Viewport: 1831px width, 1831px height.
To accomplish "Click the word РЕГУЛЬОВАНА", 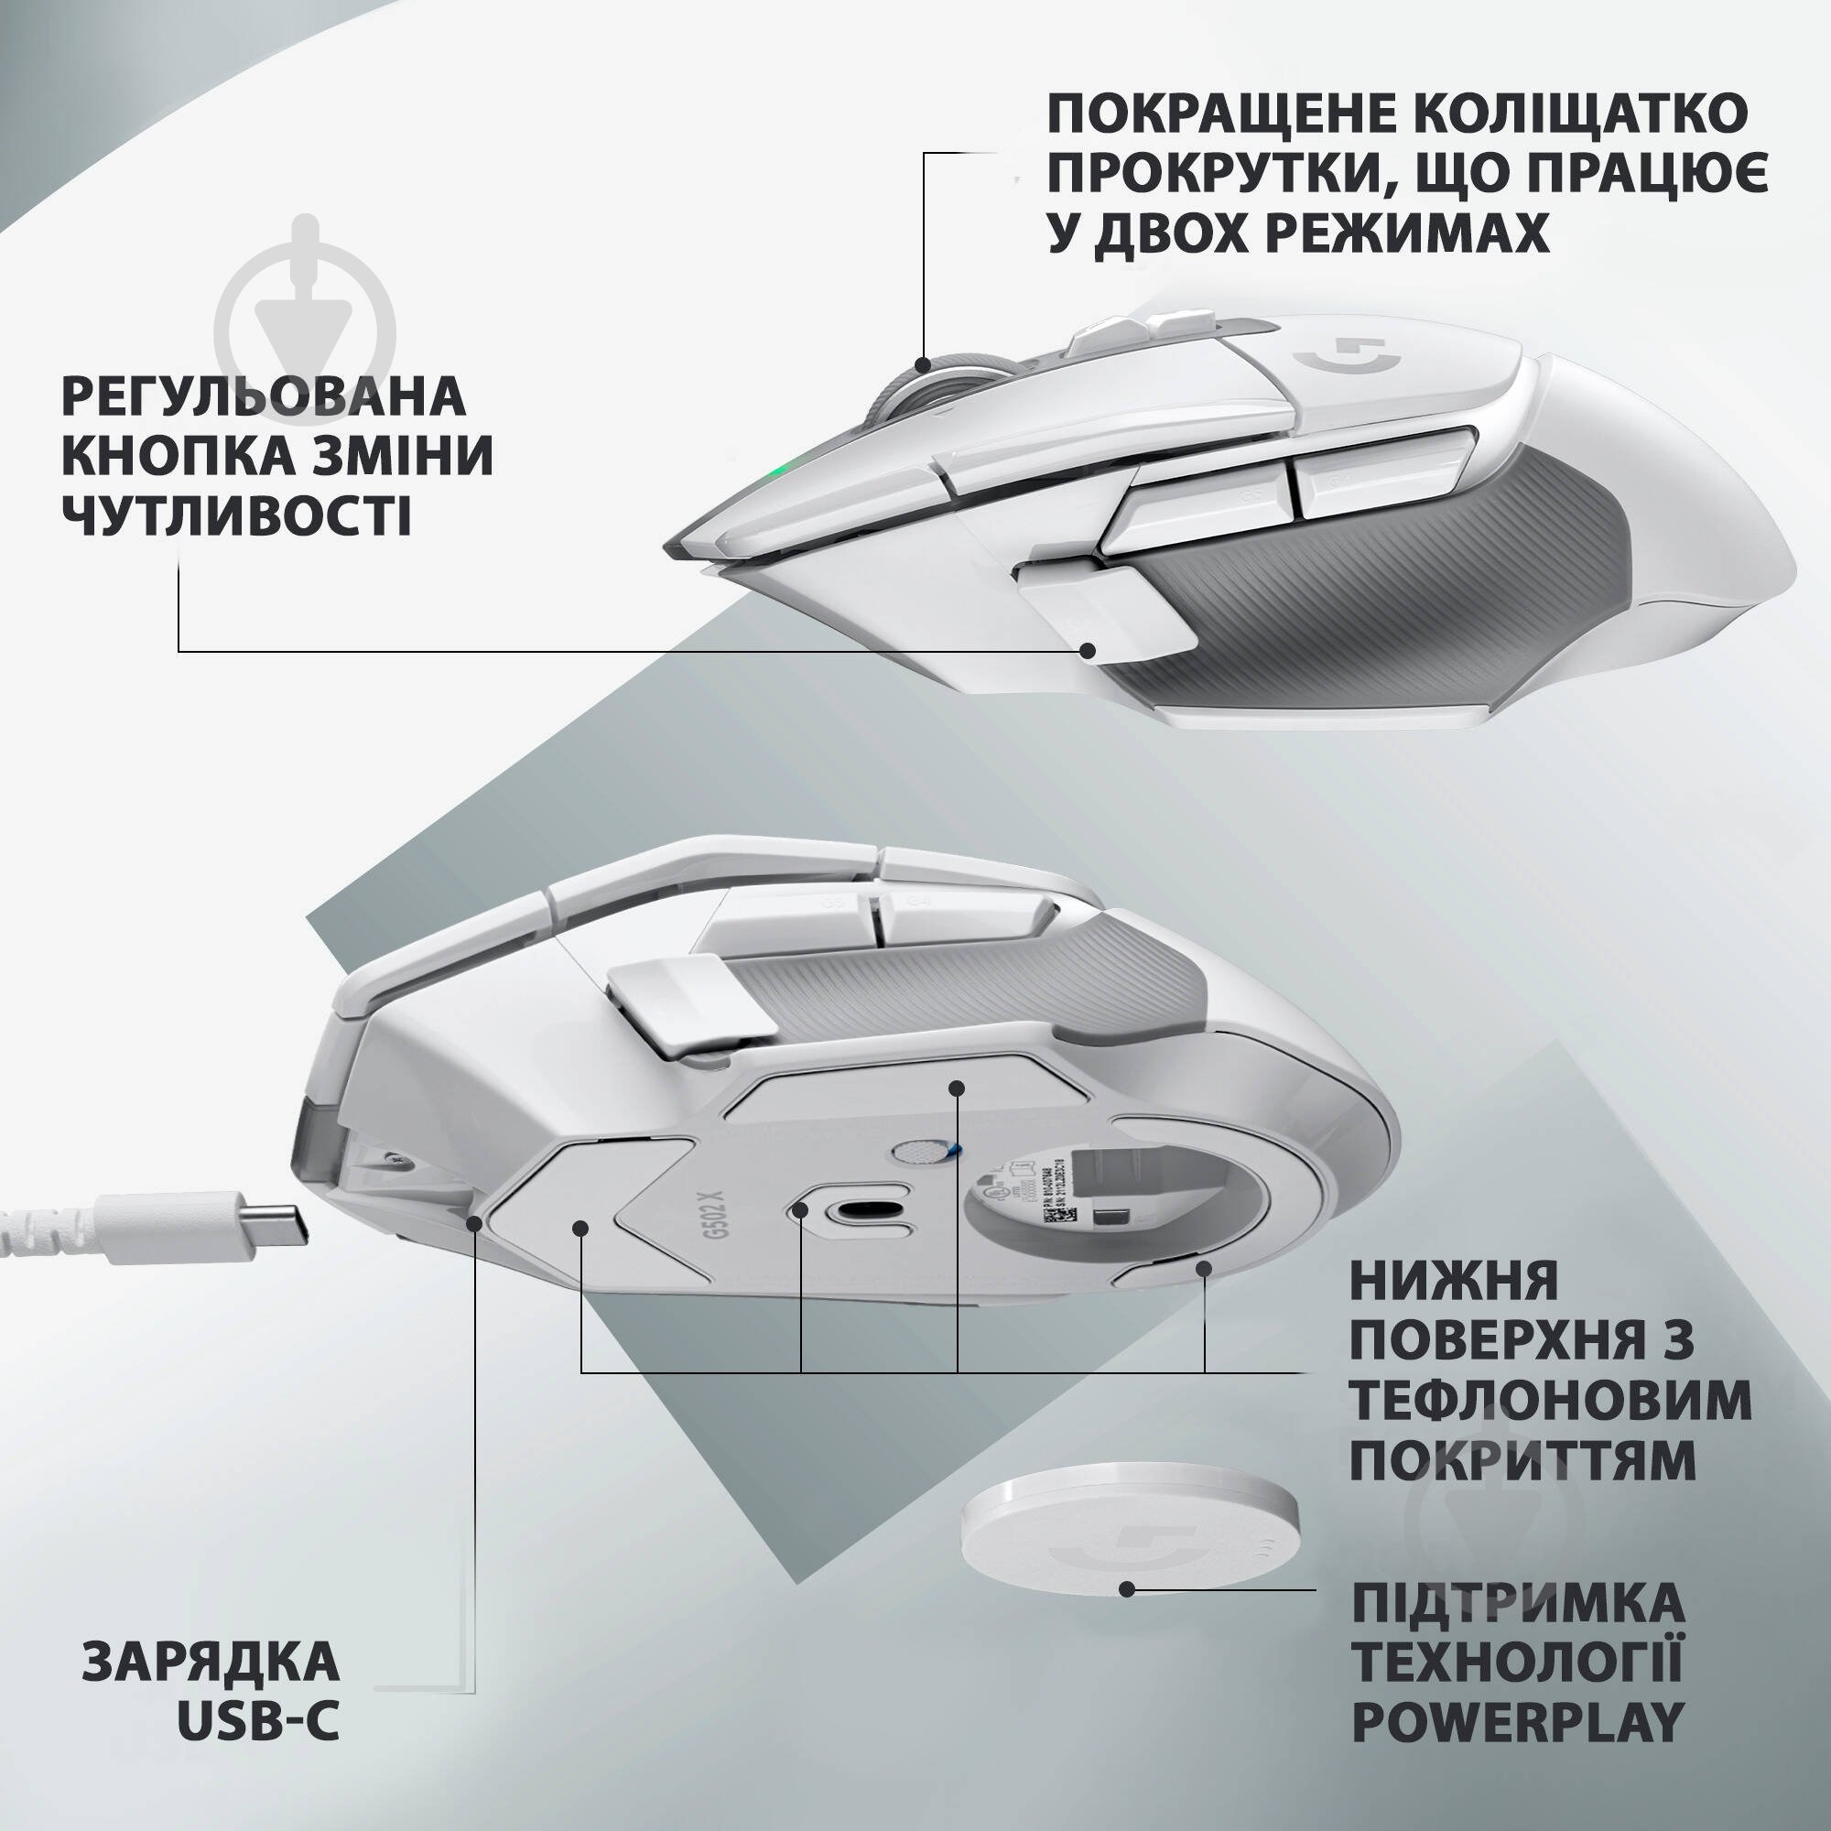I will (x=264, y=396).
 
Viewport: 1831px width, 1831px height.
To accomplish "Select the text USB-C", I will (x=258, y=1722).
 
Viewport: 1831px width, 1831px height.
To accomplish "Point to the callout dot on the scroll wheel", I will (x=924, y=364).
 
